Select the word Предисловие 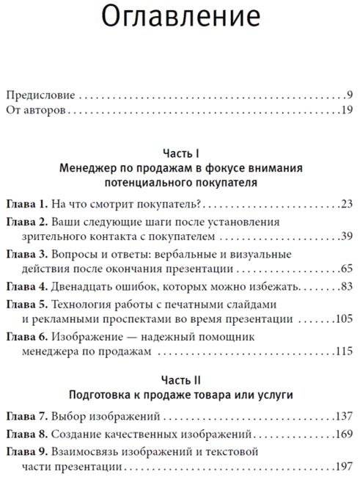[40, 95]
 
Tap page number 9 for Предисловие [351, 95]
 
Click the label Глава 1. [27, 203]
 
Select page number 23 [348, 203]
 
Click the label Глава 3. [27, 253]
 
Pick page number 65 [348, 269]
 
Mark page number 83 [348, 286]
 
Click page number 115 [345, 352]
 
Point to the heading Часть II [180, 382]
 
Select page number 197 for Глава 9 [345, 465]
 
